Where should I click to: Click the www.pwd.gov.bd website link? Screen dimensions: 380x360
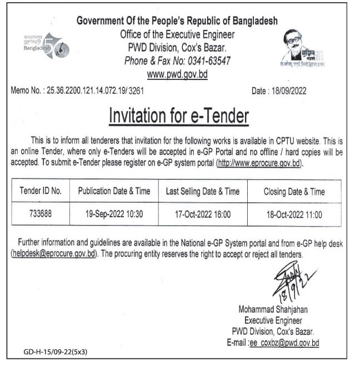pyautogui.click(x=177, y=74)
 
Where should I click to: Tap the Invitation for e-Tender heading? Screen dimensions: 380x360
pyautogui.click(x=178, y=116)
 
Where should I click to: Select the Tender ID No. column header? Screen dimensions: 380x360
pyautogui.click(x=40, y=192)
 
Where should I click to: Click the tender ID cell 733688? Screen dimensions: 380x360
pyautogui.click(x=40, y=213)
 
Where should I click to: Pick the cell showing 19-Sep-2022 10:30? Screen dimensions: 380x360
pyautogui.click(x=114, y=213)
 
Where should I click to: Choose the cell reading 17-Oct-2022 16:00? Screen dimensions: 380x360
pyautogui.click(x=202, y=213)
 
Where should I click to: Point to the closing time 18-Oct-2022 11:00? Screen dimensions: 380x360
pyautogui.click(x=294, y=213)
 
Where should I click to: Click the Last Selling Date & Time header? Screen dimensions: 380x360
pyautogui.click(x=202, y=192)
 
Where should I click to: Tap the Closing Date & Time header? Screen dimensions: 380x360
pyautogui.click(x=294, y=192)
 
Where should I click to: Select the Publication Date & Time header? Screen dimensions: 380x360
pyautogui.click(x=114, y=192)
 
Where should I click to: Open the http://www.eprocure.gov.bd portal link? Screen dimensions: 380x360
pyautogui.click(x=259, y=164)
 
